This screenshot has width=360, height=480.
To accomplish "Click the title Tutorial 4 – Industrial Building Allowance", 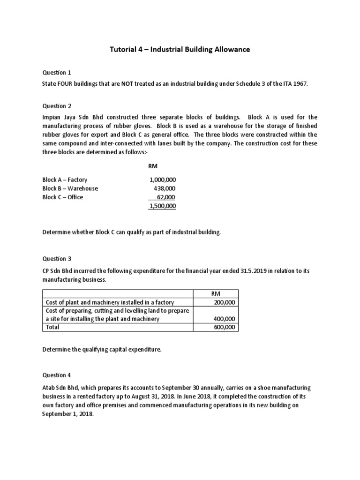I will pos(180,50).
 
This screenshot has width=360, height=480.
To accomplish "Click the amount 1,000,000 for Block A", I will pos(163,180).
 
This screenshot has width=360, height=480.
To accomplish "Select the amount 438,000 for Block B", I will pos(165,188).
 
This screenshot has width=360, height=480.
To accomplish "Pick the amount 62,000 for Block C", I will pos(166,197).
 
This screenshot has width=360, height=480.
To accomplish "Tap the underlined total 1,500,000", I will pos(163,206).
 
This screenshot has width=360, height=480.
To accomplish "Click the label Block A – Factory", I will pos(65,180).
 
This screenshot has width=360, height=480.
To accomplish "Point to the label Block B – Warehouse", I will pos(70,188).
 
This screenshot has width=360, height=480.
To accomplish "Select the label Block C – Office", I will pos(62,197).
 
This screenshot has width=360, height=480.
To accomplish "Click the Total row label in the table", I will pos(52,327).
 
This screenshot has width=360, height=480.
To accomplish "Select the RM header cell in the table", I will pos(216,293).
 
